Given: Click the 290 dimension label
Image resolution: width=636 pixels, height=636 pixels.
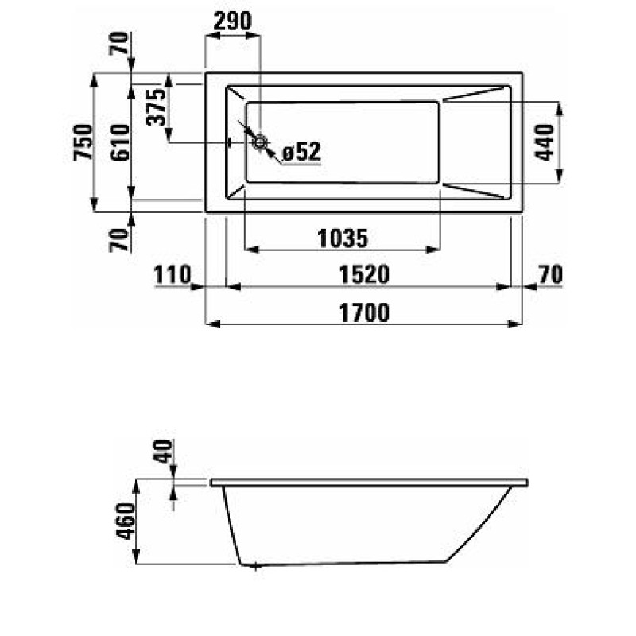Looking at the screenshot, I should point(232,21).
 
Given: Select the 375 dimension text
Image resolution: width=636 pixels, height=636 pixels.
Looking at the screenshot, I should point(157,107).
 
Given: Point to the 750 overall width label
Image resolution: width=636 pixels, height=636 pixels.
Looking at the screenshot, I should point(83,143).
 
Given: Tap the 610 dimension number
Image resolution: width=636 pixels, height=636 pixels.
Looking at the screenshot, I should point(120,143).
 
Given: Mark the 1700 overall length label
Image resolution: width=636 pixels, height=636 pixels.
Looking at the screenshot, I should point(366,313).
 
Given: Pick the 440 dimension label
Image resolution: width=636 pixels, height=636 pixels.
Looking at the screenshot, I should point(545,143).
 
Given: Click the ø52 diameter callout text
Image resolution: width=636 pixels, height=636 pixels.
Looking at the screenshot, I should point(301,152).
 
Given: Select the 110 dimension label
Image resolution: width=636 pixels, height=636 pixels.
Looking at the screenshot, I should point(173,275).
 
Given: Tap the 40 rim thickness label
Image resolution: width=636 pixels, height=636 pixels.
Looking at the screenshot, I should point(163,453).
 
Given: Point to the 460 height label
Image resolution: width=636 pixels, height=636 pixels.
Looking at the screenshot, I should point(126,522).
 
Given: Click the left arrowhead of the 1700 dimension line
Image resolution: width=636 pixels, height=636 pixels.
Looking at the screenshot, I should point(211,324).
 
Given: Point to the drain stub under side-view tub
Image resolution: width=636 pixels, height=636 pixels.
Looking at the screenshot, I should point(254,567).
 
